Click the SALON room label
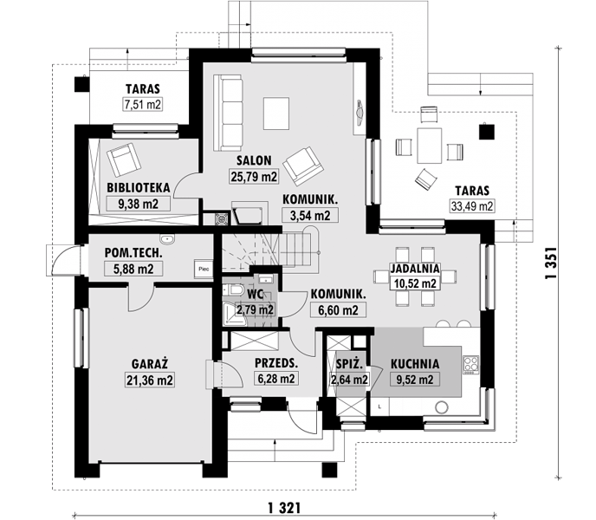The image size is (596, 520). tap(254, 160)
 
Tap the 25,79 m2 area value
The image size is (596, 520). tap(254, 177)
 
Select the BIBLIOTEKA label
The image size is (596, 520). tap(138, 187)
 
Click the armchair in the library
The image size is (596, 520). tap(124, 159)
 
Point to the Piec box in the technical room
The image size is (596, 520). tap(204, 269)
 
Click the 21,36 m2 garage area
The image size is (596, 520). tap(150, 380)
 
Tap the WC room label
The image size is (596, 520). tap(255, 294)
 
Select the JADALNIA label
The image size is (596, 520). tap(415, 269)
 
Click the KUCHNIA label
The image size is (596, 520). tap(415, 364)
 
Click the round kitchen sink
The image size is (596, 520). tap(442, 407)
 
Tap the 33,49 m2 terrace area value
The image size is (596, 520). tap(472, 206)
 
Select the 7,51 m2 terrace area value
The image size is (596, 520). tap(143, 104)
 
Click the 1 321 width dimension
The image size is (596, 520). tap(284, 508)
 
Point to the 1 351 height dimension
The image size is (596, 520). tap(551, 263)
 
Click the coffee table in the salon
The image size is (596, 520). tap(276, 114)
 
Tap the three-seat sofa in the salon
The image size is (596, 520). tap(228, 113)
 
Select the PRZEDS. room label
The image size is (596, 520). tap(276, 363)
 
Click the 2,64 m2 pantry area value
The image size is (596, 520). tap(349, 380)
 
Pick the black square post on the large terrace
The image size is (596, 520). tap(487, 132)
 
